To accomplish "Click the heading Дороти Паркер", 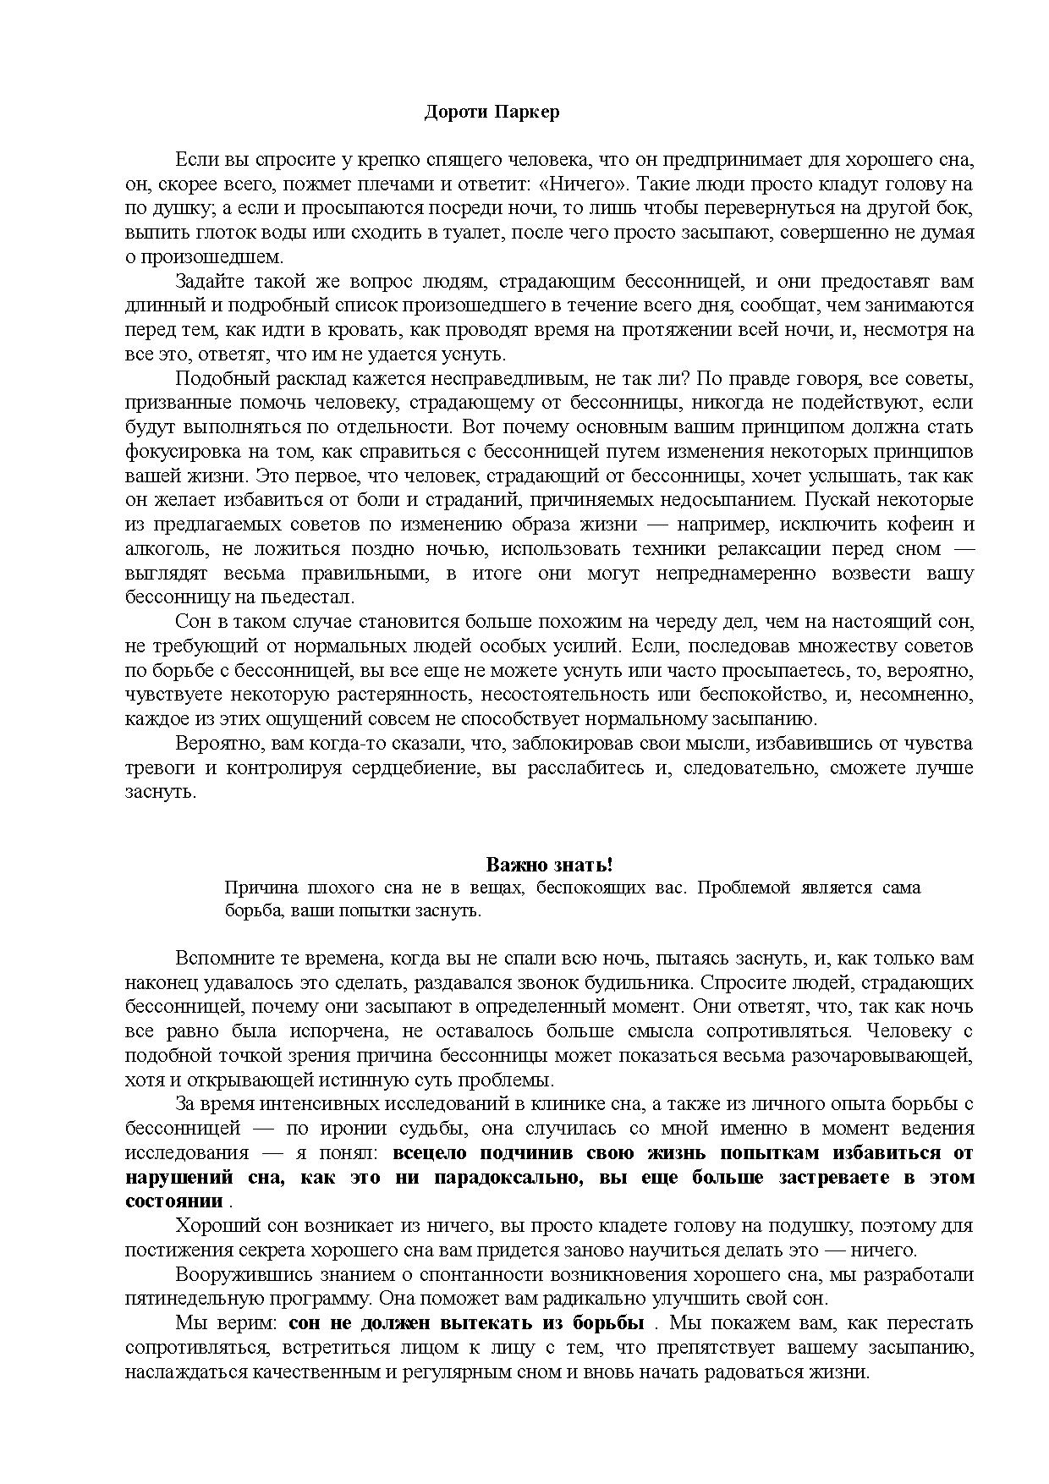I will pyautogui.click(x=492, y=112).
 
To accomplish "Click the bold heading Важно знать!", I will pyautogui.click(x=549, y=865).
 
